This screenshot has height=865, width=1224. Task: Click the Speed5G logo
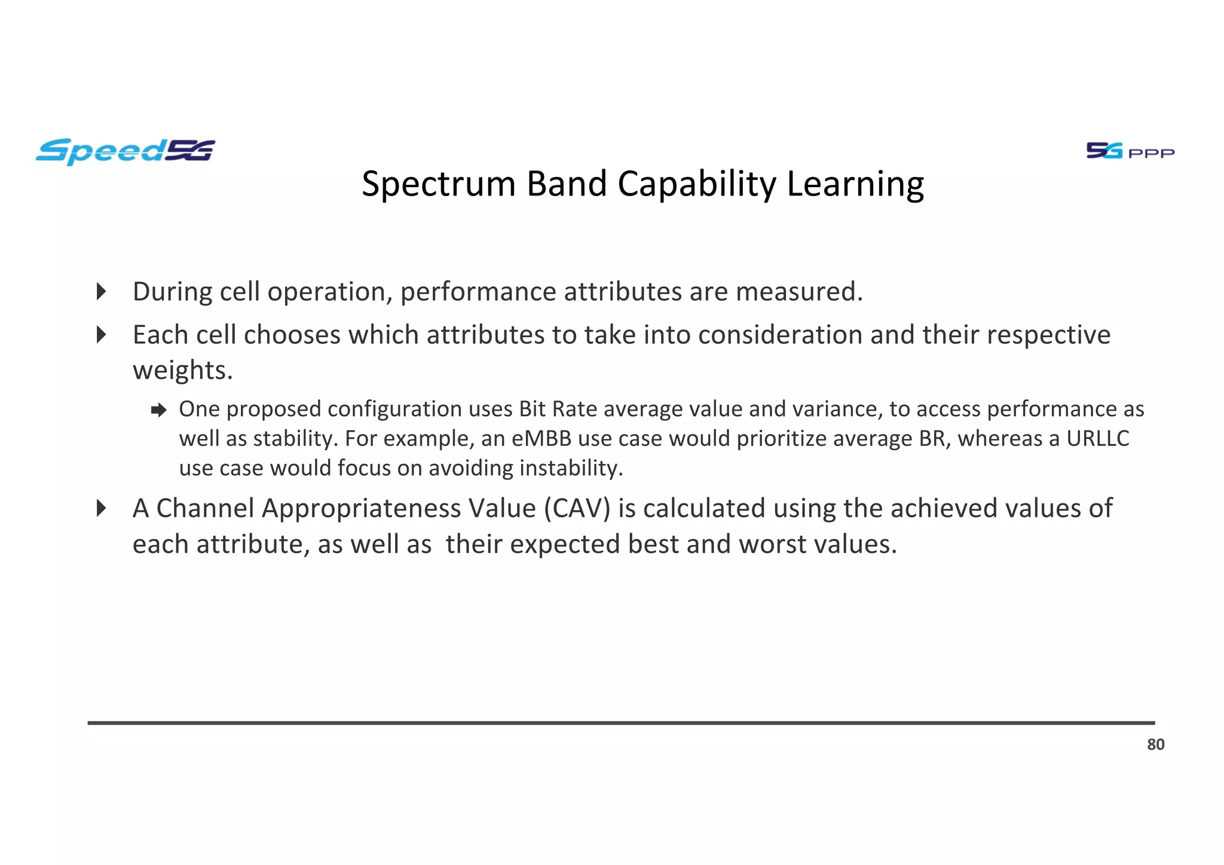point(125,151)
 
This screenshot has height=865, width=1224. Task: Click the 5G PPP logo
point(1130,151)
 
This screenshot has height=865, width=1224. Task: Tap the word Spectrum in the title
point(438,184)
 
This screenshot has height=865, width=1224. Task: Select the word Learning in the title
point(855,184)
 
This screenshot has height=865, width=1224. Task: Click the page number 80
point(1155,744)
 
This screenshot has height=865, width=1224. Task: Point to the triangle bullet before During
point(102,292)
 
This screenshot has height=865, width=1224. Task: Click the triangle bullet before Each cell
point(102,335)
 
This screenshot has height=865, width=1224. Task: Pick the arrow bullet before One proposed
point(158,410)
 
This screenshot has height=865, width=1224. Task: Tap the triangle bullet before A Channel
point(102,509)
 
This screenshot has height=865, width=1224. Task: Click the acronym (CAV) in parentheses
point(577,509)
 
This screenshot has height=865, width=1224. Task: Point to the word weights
point(182,371)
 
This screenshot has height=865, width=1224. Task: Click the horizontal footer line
point(621,723)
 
